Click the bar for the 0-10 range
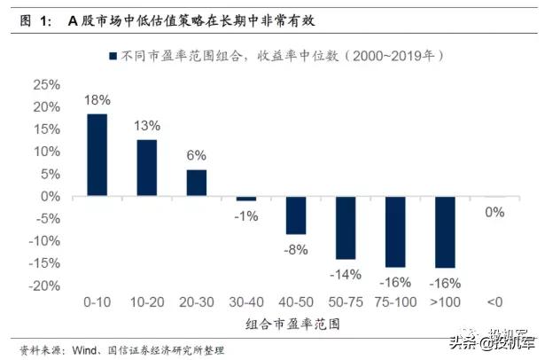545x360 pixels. point(97,155)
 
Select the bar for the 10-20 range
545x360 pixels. point(146,168)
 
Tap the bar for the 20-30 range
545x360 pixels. point(196,183)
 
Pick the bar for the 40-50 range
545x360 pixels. point(295,215)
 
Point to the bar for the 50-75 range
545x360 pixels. point(345,228)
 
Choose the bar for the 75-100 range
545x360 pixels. point(394,232)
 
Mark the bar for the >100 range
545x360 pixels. point(444,232)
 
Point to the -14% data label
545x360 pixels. point(345,274)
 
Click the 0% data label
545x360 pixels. point(494,212)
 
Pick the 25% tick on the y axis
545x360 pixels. point(45,85)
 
